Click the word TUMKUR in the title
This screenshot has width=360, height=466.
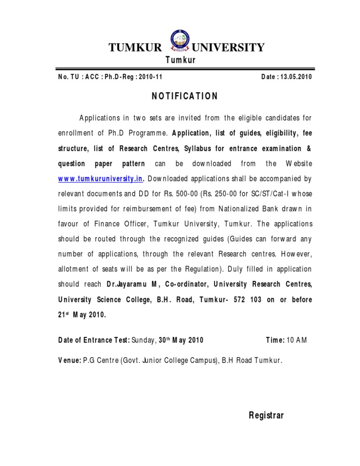click(x=135, y=47)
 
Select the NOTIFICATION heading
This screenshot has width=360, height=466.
click(x=184, y=97)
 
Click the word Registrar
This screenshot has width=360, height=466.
click(x=266, y=415)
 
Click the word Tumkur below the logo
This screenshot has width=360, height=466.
click(x=180, y=60)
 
